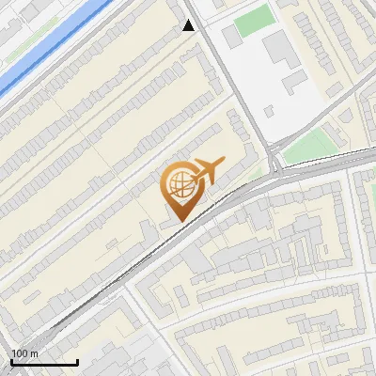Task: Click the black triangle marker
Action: (189, 25)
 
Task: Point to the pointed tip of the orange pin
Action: (178, 220)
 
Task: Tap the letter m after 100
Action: (35, 352)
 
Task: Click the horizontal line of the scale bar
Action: (43, 362)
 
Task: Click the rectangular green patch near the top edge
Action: (252, 22)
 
